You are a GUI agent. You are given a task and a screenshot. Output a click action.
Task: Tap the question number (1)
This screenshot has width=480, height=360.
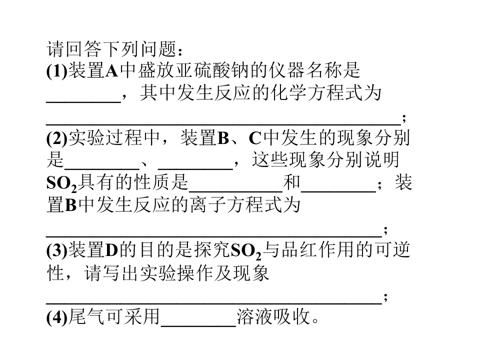[x=57, y=71]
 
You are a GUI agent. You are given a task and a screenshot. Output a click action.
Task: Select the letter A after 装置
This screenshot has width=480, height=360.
[x=111, y=71]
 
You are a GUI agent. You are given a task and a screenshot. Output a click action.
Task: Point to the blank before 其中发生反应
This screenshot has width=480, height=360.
[x=83, y=101]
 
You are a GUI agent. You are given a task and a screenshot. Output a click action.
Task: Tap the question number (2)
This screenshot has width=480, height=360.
[x=57, y=138]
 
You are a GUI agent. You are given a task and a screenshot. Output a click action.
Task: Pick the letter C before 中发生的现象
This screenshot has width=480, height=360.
[x=254, y=138]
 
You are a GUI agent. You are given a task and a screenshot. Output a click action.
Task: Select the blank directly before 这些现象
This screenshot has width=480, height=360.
[x=195, y=168]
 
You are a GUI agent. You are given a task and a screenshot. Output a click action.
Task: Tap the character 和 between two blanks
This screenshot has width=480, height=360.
[x=291, y=182]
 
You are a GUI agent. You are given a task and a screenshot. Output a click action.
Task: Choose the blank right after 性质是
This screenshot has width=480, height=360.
[x=235, y=190]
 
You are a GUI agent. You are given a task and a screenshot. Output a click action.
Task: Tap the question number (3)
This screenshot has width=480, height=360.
[x=57, y=250]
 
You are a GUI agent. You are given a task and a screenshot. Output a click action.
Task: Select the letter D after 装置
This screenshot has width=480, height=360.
[x=111, y=250]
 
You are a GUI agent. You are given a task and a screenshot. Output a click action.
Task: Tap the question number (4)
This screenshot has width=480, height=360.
[x=57, y=317]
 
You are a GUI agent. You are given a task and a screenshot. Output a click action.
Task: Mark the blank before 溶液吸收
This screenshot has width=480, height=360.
[x=198, y=325]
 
